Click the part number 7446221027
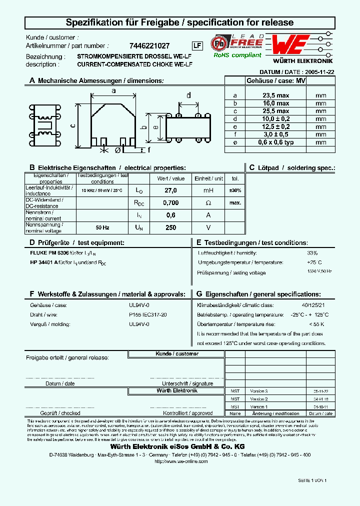tap(149, 45)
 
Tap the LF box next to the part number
tap(197, 45)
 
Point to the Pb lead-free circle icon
tap(219, 43)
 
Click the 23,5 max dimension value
tap(275, 95)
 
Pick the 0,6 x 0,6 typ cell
tap(275, 142)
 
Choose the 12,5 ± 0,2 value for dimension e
tap(275, 126)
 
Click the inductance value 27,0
tap(170, 190)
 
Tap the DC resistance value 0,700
tap(170, 203)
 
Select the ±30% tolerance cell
tap(235, 190)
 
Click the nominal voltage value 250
tap(170, 227)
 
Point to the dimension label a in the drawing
tap(113, 91)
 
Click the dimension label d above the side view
tap(188, 95)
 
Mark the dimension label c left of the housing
tap(73, 126)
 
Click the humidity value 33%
tap(312, 253)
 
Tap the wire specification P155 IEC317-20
tap(148, 314)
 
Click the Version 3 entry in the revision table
tap(259, 391)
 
